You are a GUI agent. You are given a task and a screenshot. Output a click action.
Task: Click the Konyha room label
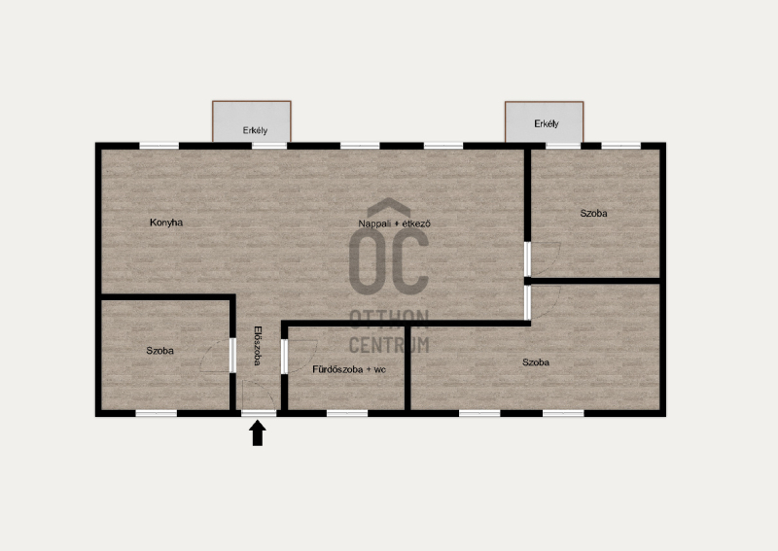166,223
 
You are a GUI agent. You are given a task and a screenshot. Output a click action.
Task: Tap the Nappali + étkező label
395,224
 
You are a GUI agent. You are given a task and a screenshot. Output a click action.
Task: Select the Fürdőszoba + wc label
349,369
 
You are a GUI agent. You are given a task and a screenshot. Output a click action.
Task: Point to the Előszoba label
257,346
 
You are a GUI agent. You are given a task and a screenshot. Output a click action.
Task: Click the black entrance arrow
257,433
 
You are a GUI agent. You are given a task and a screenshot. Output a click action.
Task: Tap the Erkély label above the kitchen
255,130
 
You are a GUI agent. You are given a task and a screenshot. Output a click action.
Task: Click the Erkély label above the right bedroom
547,124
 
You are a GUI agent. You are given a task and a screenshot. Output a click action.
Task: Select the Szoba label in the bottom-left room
159,351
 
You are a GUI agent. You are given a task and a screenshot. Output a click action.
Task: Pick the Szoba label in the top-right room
593,213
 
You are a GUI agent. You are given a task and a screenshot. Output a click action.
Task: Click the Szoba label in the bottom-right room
536,362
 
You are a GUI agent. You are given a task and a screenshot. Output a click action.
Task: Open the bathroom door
284,356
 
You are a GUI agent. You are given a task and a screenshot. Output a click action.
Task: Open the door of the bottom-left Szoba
232,355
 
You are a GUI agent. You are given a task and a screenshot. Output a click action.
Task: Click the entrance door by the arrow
259,413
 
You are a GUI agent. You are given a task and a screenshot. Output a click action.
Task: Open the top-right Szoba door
527,258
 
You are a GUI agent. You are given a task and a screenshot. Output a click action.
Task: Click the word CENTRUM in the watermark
389,345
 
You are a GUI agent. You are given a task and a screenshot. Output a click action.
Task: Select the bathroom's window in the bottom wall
347,413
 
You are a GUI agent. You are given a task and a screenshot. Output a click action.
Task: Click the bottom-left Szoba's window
157,413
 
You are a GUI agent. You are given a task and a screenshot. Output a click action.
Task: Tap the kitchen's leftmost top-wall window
159,146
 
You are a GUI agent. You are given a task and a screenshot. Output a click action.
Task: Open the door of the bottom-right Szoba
527,302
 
